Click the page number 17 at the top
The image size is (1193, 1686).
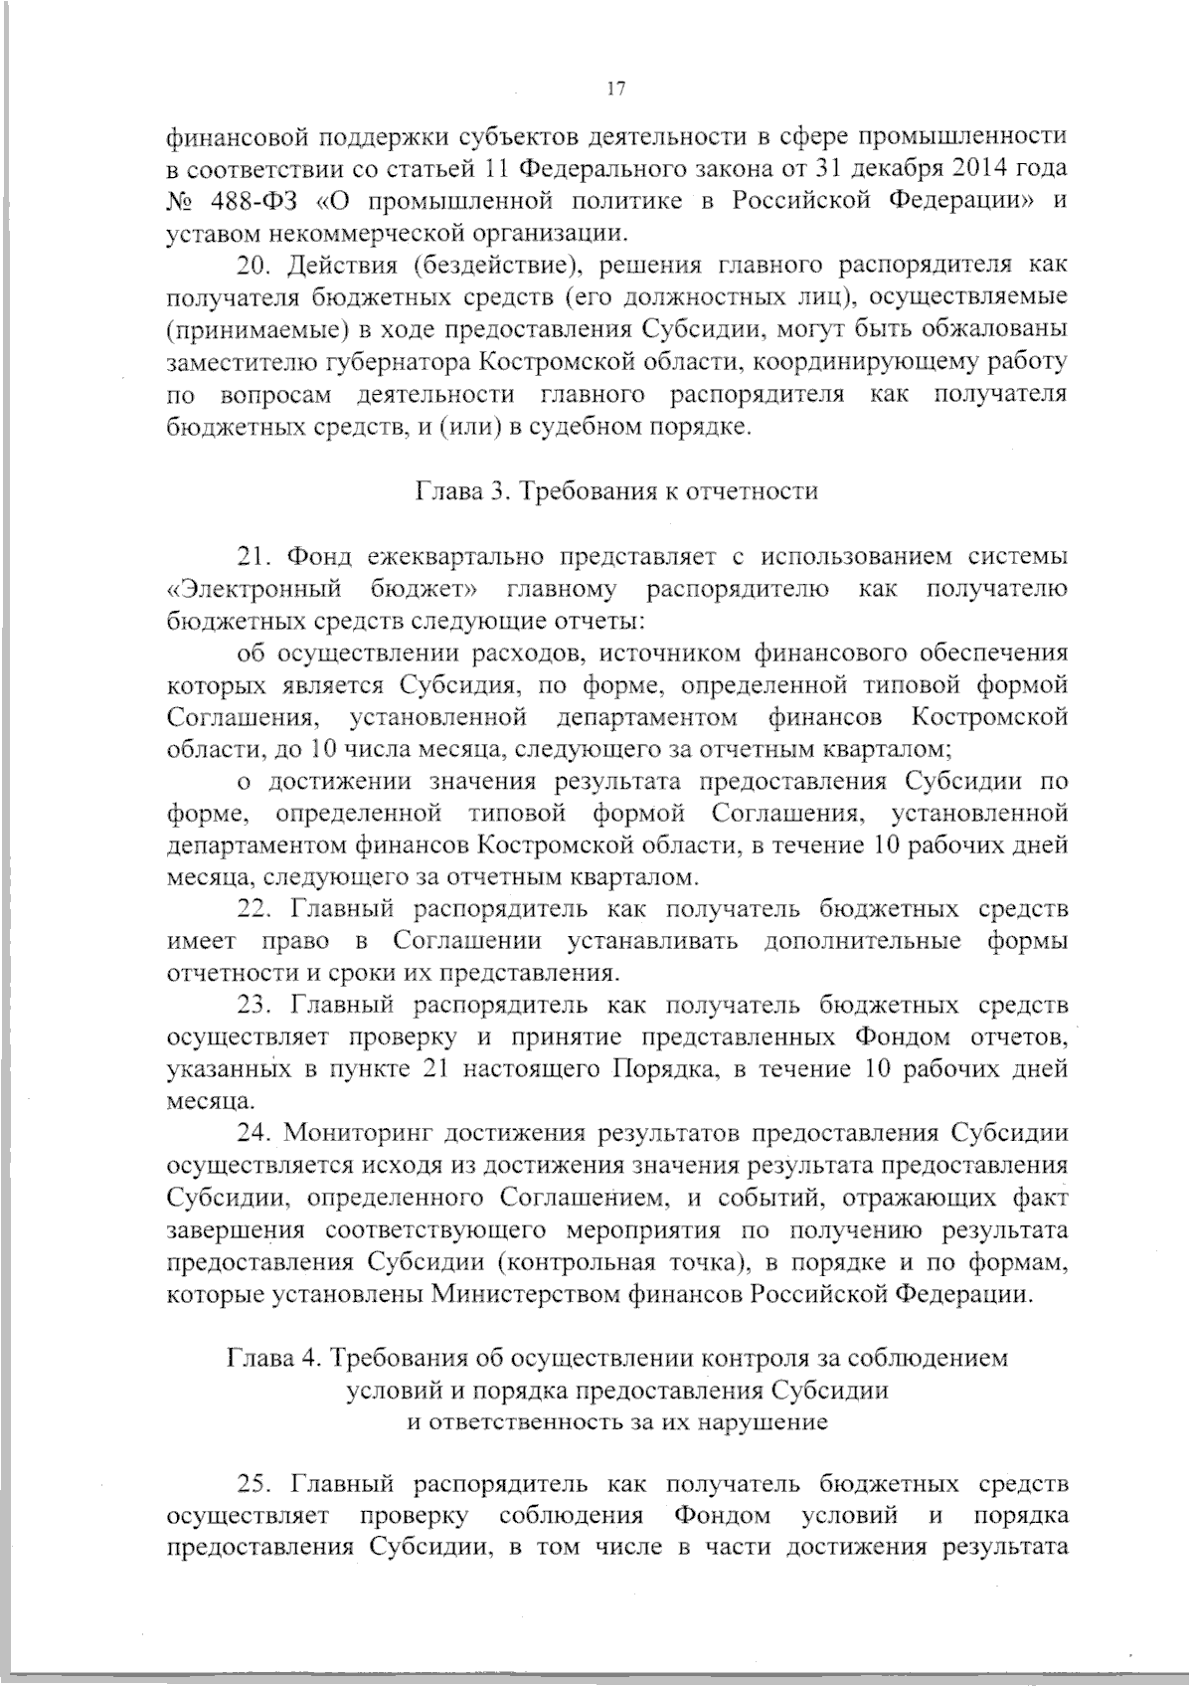(x=613, y=91)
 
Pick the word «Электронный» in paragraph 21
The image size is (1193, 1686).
(x=255, y=588)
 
